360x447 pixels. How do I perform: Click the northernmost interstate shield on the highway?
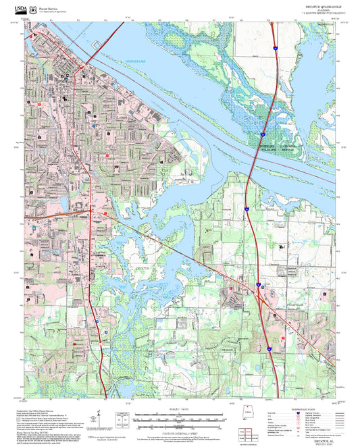coord(275,47)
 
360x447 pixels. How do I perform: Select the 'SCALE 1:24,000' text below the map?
coord(179,410)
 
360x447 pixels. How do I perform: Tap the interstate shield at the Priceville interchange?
coord(259,286)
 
